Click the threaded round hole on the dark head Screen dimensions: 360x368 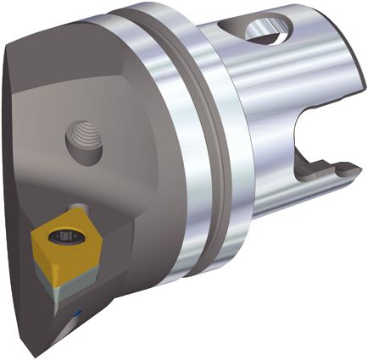point(85,141)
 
